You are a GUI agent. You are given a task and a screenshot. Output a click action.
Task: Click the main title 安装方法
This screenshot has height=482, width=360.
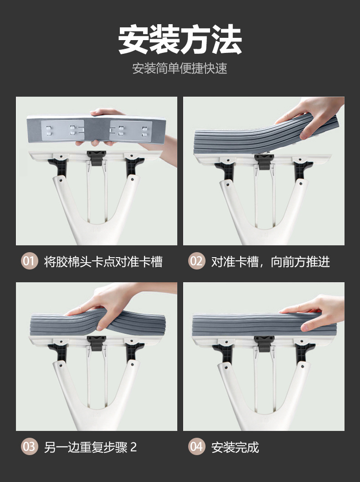tap(180, 40)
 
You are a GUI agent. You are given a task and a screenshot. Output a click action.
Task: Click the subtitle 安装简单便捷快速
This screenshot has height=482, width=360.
tap(180, 68)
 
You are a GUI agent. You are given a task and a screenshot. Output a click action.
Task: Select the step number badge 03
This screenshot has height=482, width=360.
tap(29, 446)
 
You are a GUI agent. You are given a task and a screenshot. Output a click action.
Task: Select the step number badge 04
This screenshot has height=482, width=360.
tap(196, 446)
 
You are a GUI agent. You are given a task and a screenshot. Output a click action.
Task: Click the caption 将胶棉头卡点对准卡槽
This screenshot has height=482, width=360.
tap(103, 262)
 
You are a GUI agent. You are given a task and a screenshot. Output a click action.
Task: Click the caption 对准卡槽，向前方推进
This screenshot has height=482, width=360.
tap(271, 262)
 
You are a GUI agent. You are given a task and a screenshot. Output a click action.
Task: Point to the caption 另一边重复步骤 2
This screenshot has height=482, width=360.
tap(90, 447)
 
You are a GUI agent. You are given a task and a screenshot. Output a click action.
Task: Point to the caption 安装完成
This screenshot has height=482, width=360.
tap(235, 447)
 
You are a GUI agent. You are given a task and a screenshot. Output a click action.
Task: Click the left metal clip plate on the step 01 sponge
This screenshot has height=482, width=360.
tap(63, 130)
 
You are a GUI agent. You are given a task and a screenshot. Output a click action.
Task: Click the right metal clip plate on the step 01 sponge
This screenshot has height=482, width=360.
tap(131, 130)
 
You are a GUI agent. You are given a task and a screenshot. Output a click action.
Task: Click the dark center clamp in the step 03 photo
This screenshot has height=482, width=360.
tap(97, 343)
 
